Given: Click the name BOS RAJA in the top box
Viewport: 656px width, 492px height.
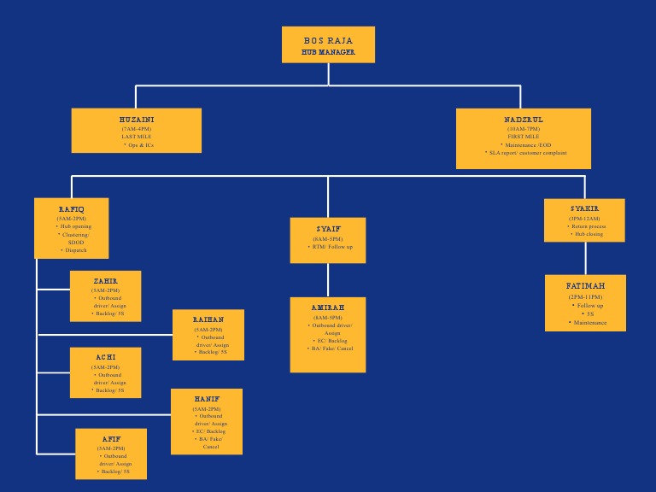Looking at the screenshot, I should coord(328,40).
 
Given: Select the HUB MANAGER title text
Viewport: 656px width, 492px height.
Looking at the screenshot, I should coord(328,52).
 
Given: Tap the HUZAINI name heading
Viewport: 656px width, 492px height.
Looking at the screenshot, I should coord(137,120).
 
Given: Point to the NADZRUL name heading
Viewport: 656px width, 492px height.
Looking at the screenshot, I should coord(524,120).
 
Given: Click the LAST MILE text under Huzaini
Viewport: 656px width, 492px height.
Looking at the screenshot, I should coord(137,137).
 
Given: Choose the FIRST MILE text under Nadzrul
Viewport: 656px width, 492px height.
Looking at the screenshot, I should coord(524,137).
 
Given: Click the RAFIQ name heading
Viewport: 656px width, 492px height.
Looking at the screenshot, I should coord(72,209).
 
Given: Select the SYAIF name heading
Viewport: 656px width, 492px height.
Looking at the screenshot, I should coord(328,229).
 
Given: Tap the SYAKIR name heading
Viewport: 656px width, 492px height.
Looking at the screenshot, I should coord(585,208).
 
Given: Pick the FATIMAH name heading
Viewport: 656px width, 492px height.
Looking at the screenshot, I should coord(585,285).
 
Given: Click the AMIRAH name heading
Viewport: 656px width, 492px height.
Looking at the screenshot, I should coord(328,307).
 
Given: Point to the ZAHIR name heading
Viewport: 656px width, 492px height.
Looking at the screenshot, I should coord(106,281).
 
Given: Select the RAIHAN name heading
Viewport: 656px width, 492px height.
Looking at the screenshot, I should coord(208,319).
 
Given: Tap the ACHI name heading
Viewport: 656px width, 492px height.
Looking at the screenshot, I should coord(106,357).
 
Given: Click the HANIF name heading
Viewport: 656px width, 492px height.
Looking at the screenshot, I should coord(207,399).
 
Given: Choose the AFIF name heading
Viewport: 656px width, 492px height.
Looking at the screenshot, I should coord(111,439).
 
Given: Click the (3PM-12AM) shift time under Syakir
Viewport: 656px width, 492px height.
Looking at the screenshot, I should coord(585,218).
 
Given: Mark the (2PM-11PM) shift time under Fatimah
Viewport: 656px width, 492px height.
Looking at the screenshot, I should coord(585,296).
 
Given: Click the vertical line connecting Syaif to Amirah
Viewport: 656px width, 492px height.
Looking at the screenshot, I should coord(328,280).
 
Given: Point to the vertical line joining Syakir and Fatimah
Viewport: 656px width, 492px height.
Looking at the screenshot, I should coord(585,258).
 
